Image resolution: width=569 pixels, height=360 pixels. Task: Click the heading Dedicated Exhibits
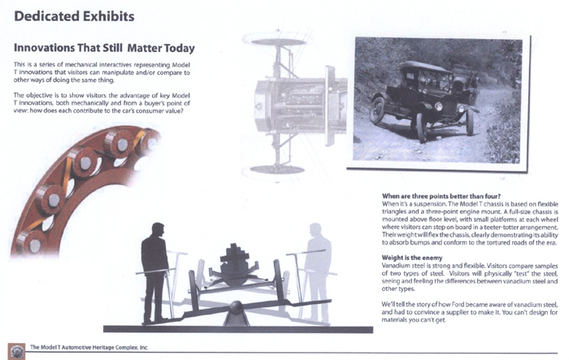click(x=74, y=16)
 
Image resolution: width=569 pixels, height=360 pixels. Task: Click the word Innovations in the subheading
click(x=43, y=48)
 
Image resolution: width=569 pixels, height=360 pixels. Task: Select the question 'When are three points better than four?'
click(x=441, y=197)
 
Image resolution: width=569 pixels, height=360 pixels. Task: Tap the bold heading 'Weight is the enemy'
click(x=412, y=258)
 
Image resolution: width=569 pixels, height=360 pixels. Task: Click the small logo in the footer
click(x=17, y=351)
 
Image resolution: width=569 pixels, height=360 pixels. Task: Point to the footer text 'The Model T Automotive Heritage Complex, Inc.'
click(x=89, y=347)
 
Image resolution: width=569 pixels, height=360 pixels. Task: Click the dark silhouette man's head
click(x=158, y=229)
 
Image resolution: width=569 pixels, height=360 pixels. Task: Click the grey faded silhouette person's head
click(x=315, y=230)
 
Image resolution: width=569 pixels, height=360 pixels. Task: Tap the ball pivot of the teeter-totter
click(x=237, y=307)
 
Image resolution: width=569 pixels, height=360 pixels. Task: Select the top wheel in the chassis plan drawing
click(x=278, y=41)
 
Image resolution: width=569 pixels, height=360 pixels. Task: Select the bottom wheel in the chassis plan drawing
click(x=277, y=170)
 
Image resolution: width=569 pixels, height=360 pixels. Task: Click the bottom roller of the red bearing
click(x=34, y=245)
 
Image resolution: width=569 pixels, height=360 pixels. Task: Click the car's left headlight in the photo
click(x=438, y=106)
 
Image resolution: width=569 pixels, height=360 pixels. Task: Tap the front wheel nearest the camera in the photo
click(x=420, y=128)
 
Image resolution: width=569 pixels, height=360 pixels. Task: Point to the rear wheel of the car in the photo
click(x=376, y=111)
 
